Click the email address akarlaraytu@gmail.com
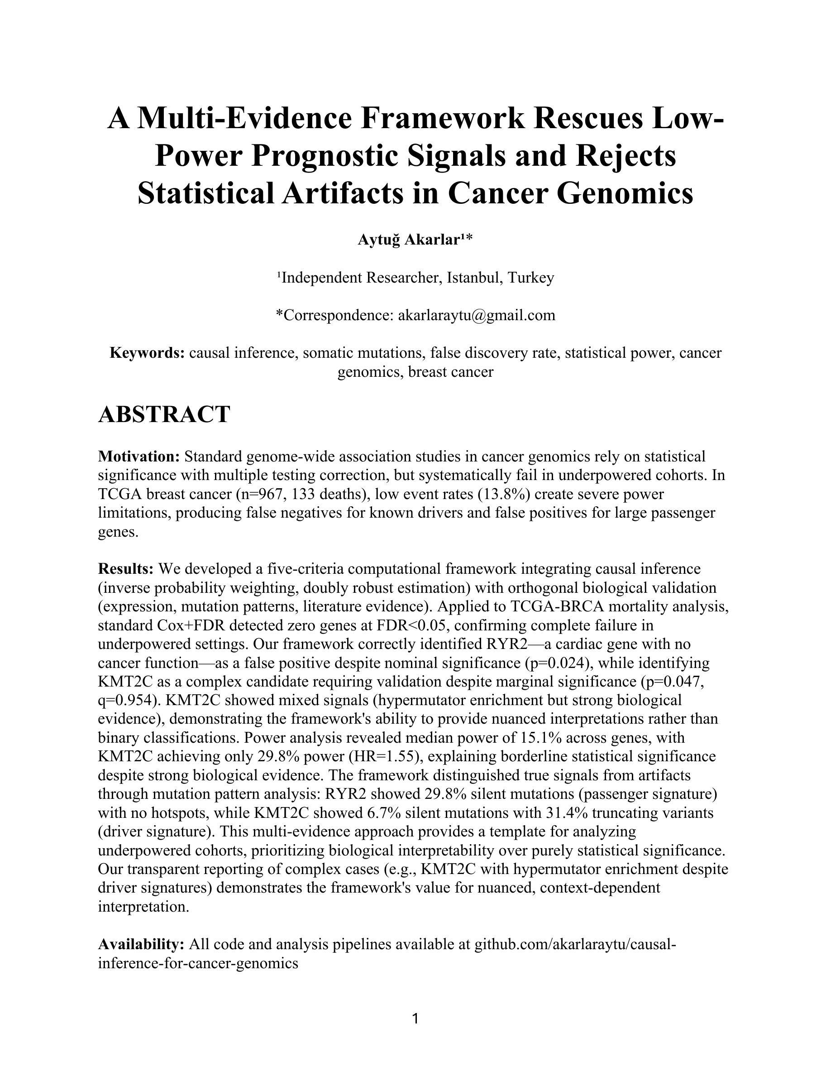476,315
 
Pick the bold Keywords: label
147,353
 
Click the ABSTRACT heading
164,414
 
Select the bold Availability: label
141,945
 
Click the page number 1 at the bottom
415,1019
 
